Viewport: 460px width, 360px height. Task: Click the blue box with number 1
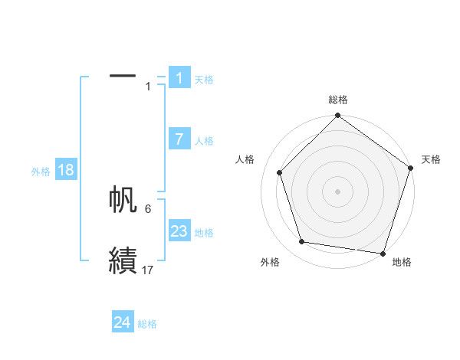(x=179, y=78)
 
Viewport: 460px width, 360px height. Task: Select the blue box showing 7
(x=179, y=139)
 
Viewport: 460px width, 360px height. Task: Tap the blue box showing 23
(x=179, y=231)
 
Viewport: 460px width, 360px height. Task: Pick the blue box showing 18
(x=66, y=170)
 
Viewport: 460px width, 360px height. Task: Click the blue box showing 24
(x=122, y=322)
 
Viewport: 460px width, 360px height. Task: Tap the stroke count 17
(x=148, y=270)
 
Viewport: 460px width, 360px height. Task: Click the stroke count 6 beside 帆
(x=148, y=208)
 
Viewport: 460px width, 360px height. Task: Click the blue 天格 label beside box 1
(x=204, y=79)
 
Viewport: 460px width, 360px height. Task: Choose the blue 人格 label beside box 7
(x=204, y=141)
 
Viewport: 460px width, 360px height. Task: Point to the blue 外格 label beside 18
(x=41, y=172)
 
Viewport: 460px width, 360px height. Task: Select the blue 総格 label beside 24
(x=147, y=324)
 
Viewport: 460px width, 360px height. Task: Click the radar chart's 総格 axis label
(x=338, y=100)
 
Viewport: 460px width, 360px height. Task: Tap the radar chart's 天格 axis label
(x=431, y=159)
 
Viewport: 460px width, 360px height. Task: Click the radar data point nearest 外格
(x=302, y=242)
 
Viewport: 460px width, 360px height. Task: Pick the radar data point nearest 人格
(x=279, y=172)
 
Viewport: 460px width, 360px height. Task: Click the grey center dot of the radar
(x=338, y=191)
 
